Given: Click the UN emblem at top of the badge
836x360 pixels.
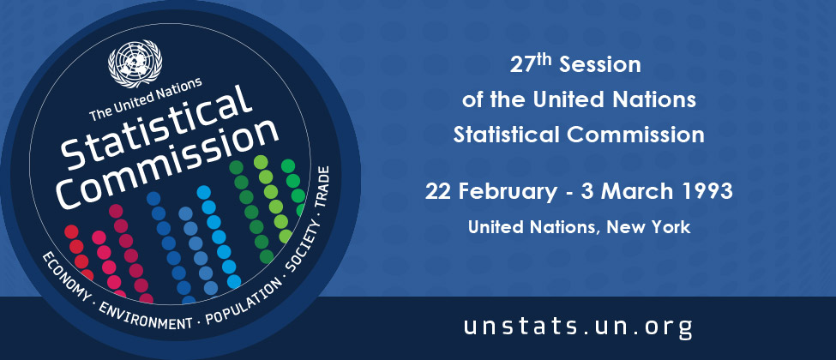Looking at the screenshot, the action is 135,63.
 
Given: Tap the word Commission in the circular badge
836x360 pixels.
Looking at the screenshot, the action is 167,165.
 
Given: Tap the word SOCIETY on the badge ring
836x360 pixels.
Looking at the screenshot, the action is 304,249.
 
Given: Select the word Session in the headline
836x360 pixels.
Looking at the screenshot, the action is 600,65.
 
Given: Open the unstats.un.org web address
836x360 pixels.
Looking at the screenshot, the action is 578,326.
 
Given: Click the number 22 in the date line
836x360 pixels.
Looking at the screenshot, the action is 438,192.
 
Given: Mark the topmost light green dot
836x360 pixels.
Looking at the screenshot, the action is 261,162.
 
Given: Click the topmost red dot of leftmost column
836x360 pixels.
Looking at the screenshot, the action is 71,231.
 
